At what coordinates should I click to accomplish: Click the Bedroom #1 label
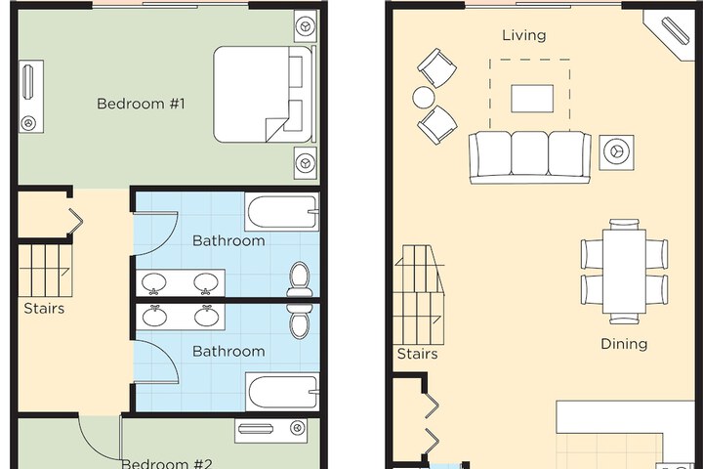[x=147, y=103]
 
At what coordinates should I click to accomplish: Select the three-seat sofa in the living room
[x=529, y=156]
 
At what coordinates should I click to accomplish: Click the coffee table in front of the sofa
[x=531, y=98]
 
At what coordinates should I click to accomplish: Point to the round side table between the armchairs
[x=424, y=98]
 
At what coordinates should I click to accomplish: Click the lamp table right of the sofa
[x=616, y=150]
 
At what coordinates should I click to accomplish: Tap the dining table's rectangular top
[x=624, y=270]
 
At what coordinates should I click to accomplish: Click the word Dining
[x=624, y=344]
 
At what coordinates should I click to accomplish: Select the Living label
[x=524, y=35]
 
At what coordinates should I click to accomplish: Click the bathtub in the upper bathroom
[x=282, y=212]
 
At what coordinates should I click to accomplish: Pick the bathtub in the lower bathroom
[x=282, y=392]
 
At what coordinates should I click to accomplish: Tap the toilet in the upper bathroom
[x=300, y=277]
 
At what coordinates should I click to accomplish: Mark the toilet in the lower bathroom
[x=300, y=320]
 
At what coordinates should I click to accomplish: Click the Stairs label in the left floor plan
[x=44, y=309]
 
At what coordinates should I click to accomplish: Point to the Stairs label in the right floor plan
[x=417, y=354]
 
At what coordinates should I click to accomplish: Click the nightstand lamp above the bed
[x=306, y=24]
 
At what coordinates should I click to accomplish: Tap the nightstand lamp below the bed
[x=306, y=161]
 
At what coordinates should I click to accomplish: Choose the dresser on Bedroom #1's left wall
[x=29, y=96]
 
